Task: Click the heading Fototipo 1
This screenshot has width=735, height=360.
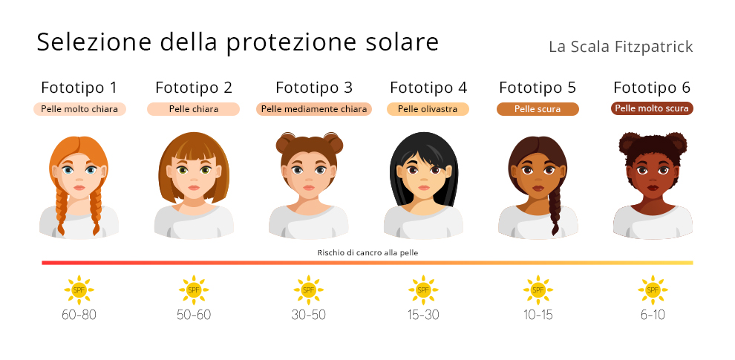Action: (x=79, y=88)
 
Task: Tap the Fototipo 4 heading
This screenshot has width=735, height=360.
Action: (x=428, y=88)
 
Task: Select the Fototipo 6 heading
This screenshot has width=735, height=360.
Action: (x=653, y=88)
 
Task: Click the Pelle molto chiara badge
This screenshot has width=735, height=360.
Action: (x=79, y=108)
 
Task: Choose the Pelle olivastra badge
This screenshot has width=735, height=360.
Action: (x=428, y=108)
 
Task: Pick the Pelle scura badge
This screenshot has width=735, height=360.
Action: (x=538, y=108)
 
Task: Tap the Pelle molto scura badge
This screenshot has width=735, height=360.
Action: (x=653, y=108)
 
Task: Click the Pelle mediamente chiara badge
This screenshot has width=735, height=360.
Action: (x=314, y=108)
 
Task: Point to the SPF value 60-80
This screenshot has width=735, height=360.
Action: (x=79, y=315)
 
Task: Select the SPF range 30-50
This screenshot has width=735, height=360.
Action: (x=308, y=315)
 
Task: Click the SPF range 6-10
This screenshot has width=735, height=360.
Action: (x=653, y=315)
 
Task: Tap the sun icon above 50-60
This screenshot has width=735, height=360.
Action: (x=194, y=289)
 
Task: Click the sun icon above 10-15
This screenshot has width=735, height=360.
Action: (x=538, y=289)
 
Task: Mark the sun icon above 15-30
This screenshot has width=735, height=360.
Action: (x=423, y=289)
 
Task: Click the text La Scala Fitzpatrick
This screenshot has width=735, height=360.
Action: (x=621, y=47)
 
